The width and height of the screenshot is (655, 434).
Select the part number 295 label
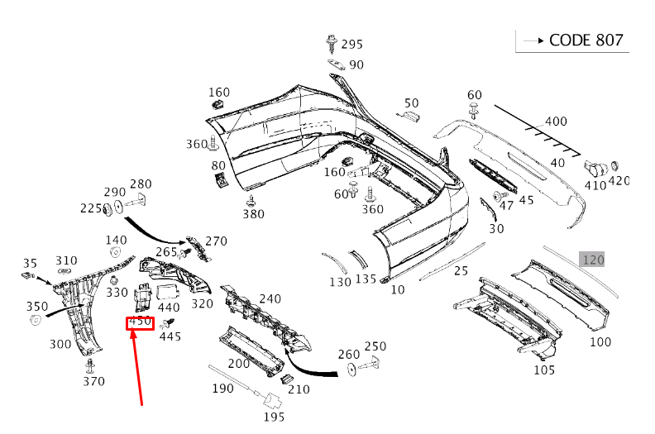(351, 45)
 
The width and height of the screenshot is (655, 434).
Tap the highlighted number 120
(593, 260)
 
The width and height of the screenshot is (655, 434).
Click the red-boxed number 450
(140, 322)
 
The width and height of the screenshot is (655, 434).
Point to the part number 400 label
(556, 122)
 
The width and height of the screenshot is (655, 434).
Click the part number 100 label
(600, 341)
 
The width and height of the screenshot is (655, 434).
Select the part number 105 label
(543, 370)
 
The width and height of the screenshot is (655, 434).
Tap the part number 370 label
(93, 381)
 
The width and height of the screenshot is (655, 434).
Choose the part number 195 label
(274, 417)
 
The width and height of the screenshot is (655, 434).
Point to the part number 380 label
(253, 214)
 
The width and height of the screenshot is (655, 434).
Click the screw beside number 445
(172, 322)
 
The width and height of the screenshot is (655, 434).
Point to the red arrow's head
(135, 334)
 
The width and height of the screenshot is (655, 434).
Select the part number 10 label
(398, 289)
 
